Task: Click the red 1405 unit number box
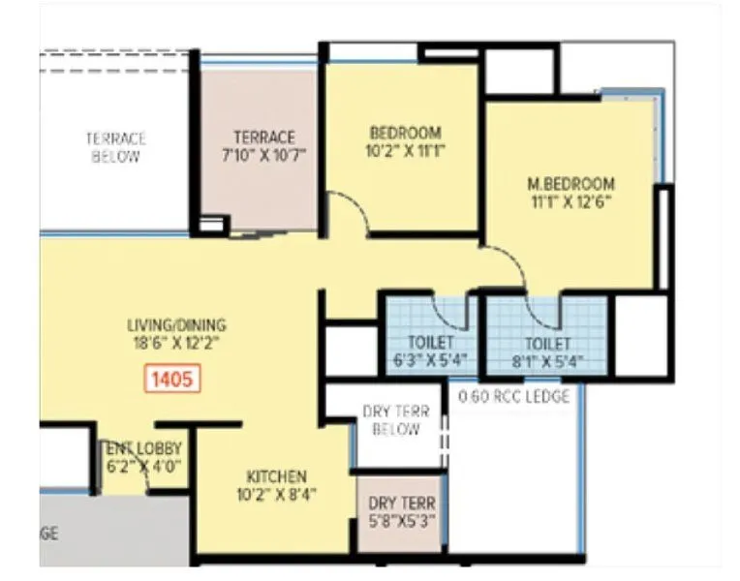pyautogui.click(x=174, y=378)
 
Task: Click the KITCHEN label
pyautogui.click(x=276, y=476)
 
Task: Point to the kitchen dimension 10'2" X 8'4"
pyautogui.click(x=276, y=495)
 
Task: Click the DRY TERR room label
pyautogui.click(x=401, y=503)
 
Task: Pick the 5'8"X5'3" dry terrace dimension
pyautogui.click(x=401, y=520)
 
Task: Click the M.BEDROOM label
pyautogui.click(x=570, y=183)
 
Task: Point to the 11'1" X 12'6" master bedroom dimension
pyautogui.click(x=570, y=202)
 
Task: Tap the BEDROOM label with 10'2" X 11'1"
pyautogui.click(x=405, y=133)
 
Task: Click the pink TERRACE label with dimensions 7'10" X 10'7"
pyautogui.click(x=263, y=138)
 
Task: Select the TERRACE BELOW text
pyautogui.click(x=115, y=147)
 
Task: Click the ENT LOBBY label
pyautogui.click(x=142, y=448)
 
